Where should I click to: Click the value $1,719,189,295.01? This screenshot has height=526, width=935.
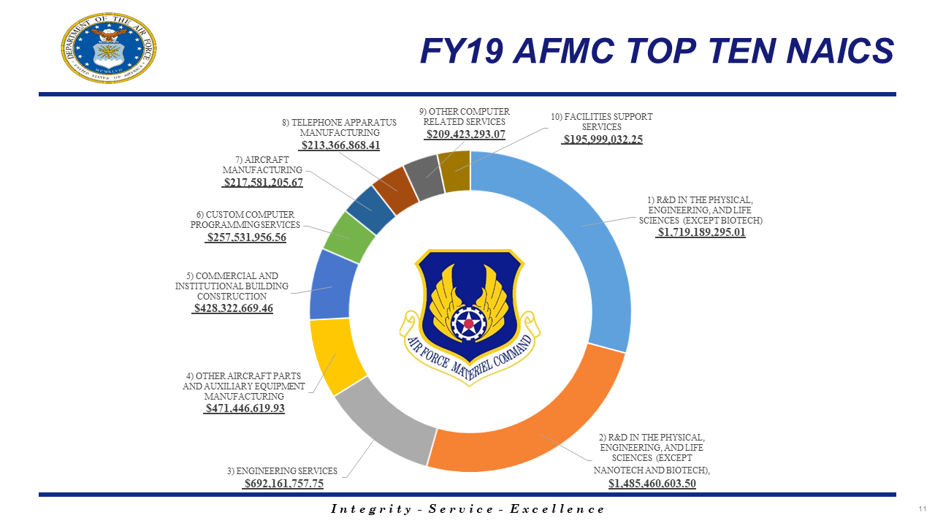click(701, 233)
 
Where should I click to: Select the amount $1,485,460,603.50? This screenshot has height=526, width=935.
click(652, 483)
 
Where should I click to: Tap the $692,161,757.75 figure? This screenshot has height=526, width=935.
click(283, 484)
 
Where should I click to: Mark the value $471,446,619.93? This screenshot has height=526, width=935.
click(245, 408)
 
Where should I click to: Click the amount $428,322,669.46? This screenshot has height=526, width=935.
click(232, 309)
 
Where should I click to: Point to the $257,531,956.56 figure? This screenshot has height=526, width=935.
click(246, 237)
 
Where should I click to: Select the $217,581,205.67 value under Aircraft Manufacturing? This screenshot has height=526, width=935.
click(262, 183)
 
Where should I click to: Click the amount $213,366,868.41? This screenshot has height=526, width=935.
click(340, 145)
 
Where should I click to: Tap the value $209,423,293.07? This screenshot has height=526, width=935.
click(465, 134)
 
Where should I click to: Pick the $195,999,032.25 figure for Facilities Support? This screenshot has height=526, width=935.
click(602, 140)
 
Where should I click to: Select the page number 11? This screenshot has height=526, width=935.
click(923, 508)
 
